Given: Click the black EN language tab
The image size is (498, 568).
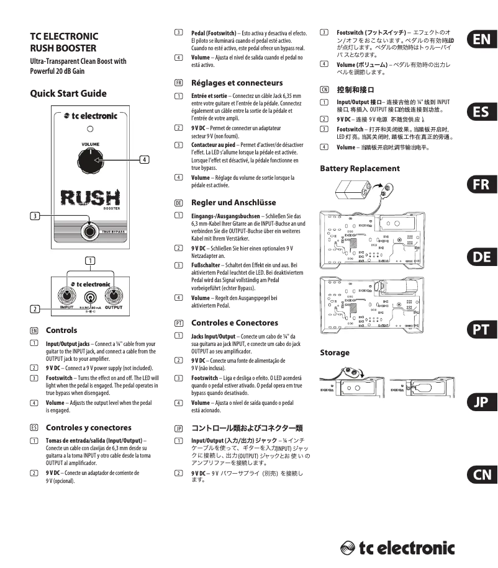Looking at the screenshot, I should (x=481, y=40).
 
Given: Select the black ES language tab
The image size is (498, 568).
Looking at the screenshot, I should (x=481, y=112).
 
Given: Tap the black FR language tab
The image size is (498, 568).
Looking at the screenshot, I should (x=481, y=185).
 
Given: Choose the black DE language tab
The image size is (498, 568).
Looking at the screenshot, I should (x=481, y=257).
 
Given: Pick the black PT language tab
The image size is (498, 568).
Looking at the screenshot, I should (x=481, y=330).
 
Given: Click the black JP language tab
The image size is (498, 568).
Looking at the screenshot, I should (x=481, y=402).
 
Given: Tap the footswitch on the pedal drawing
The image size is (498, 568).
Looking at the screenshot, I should (x=91, y=231).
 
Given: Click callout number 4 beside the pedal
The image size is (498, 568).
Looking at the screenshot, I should (x=144, y=159).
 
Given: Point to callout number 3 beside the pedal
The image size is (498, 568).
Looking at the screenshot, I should (x=37, y=216).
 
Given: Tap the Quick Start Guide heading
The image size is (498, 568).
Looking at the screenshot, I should (x=68, y=93).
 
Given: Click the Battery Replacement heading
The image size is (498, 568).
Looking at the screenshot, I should (x=360, y=169).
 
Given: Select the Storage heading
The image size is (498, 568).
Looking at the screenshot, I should (x=335, y=353).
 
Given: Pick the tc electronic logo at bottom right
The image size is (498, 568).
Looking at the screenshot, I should (x=397, y=548).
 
